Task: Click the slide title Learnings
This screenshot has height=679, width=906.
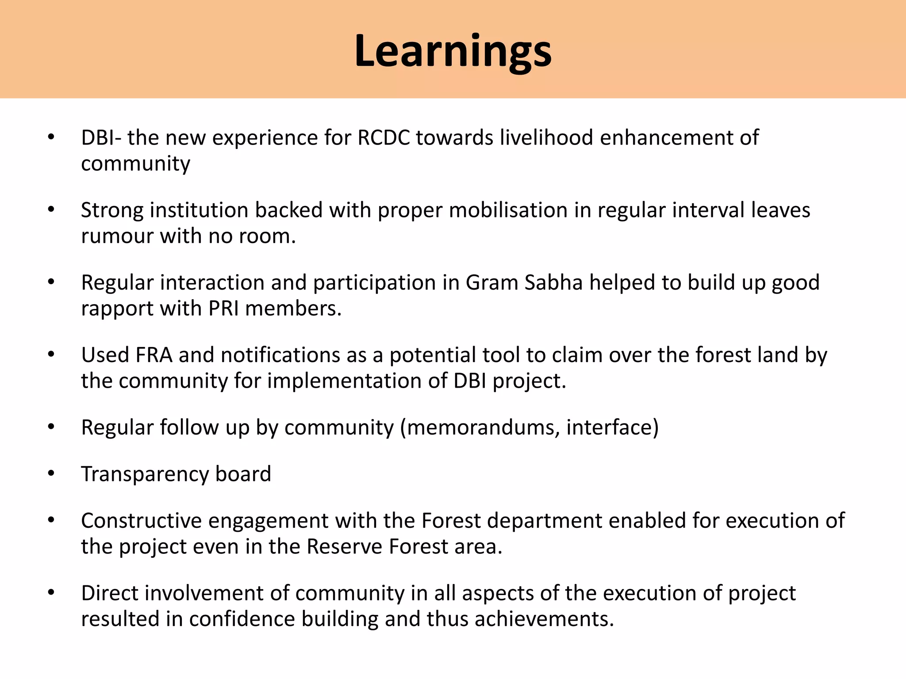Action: pos(453,51)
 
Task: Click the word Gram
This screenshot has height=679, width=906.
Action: pos(491,282)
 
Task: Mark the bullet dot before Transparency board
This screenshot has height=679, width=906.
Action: pos(51,474)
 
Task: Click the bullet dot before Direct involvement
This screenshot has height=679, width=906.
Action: pos(51,593)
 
